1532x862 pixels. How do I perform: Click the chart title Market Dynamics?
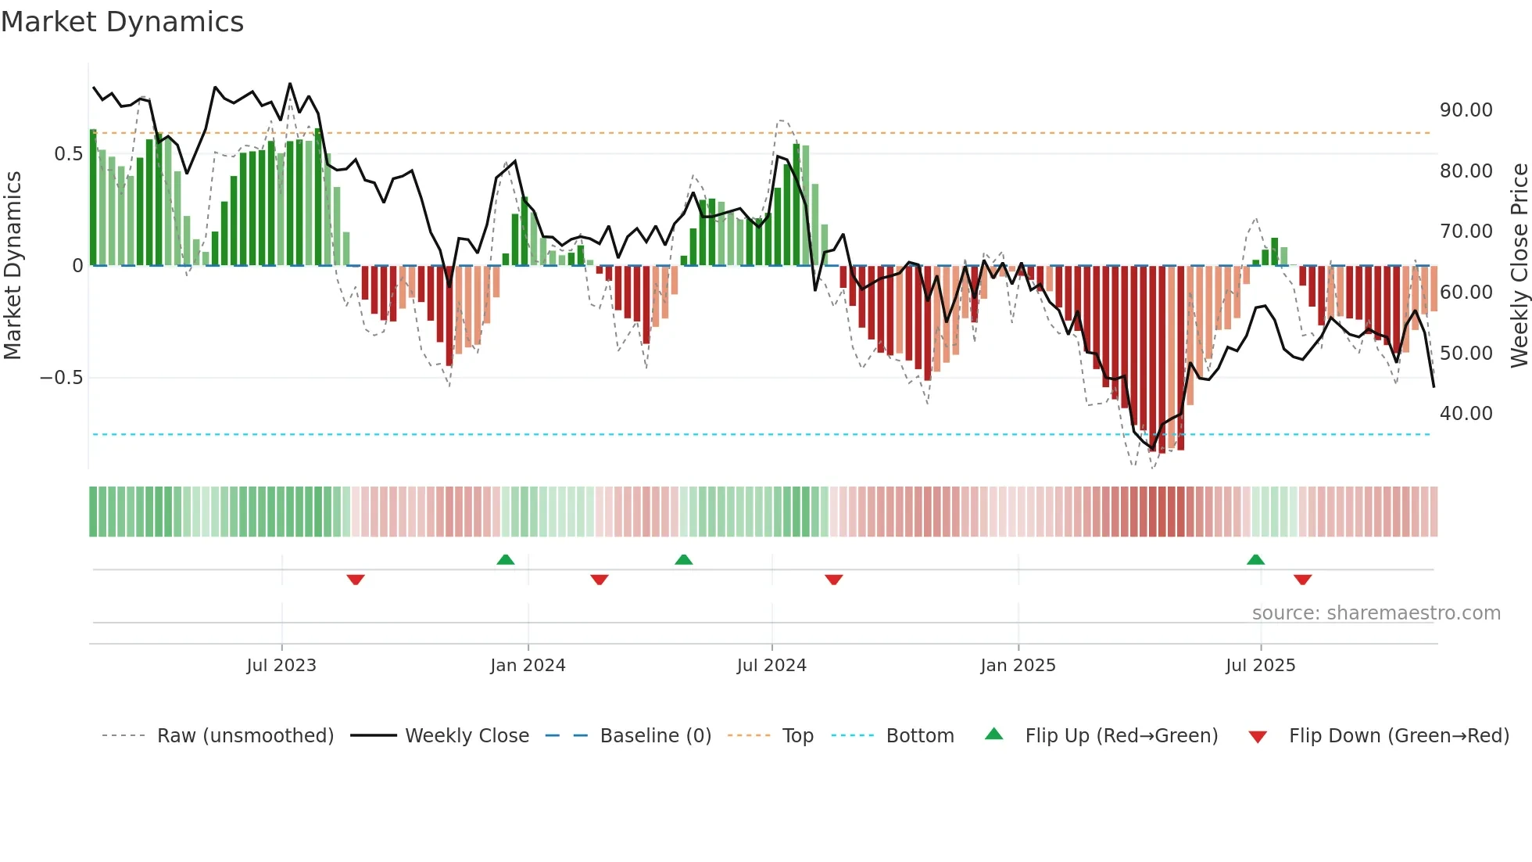click(x=123, y=22)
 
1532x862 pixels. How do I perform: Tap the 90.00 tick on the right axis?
click(x=1466, y=110)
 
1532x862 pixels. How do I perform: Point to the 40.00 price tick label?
click(x=1466, y=414)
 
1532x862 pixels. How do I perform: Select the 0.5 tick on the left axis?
click(x=68, y=154)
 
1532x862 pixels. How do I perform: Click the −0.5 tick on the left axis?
click(x=61, y=378)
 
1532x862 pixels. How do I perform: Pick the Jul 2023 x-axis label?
click(x=281, y=666)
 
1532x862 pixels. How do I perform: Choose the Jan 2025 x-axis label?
click(x=1018, y=666)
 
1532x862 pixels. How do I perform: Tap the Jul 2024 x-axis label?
click(x=771, y=666)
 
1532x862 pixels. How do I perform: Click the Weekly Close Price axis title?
click(x=1519, y=266)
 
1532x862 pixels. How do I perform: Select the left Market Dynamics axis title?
click(x=13, y=266)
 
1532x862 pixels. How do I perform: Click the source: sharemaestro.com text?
click(x=1376, y=613)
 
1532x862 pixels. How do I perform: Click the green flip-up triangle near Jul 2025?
click(x=1255, y=560)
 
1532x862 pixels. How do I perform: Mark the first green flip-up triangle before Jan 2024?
click(x=506, y=560)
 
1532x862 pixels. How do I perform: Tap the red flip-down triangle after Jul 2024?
click(x=834, y=580)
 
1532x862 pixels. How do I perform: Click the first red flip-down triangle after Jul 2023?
click(x=356, y=580)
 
